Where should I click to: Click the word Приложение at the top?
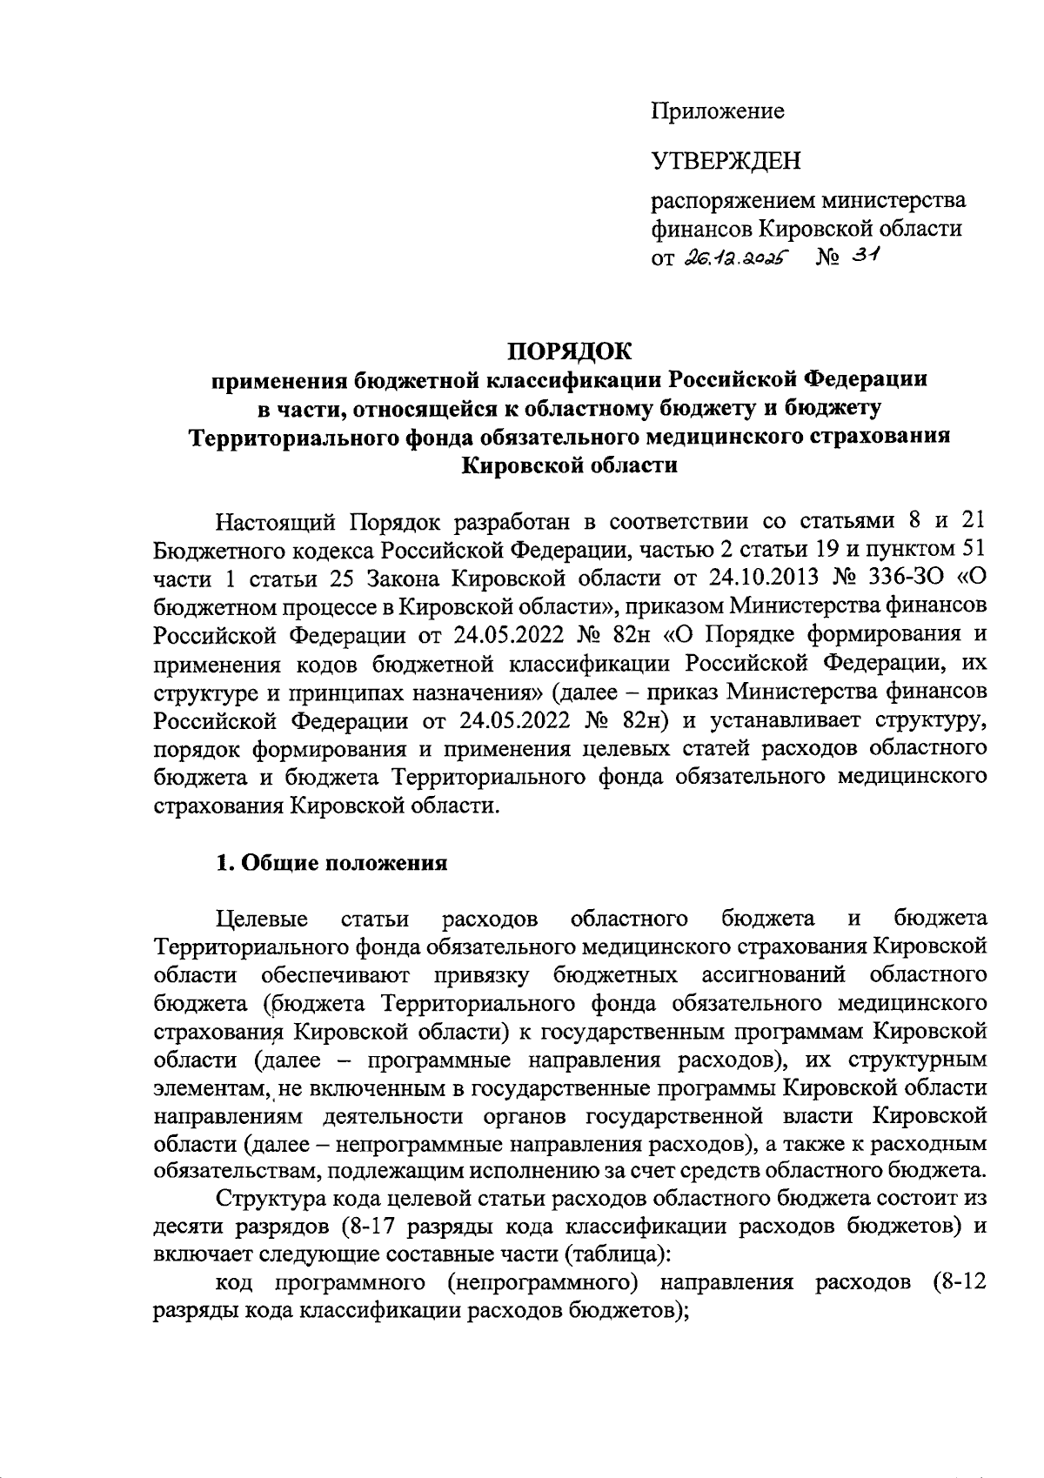point(718,111)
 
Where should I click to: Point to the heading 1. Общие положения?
point(331,862)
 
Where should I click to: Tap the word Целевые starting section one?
point(261,919)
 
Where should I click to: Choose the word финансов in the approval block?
point(703,230)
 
